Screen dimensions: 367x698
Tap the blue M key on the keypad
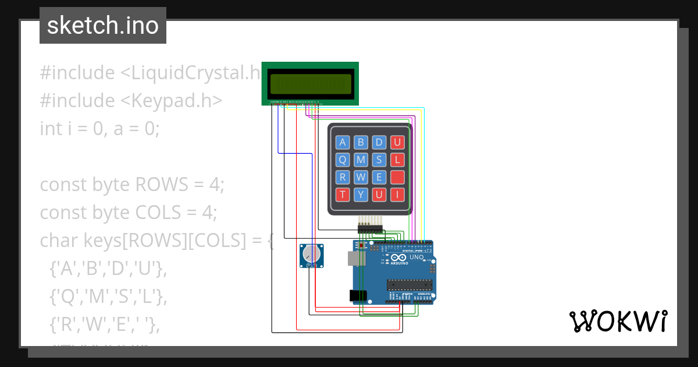coord(361,160)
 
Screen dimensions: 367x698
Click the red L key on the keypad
coord(397,160)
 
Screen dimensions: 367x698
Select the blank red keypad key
coord(397,177)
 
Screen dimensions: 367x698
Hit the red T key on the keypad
coord(343,195)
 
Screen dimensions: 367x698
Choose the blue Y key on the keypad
coord(361,195)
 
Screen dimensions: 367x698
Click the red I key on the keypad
coord(397,195)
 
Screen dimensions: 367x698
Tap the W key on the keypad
coord(361,177)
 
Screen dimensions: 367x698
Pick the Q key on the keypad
coord(343,160)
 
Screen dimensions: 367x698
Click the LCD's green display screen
coord(311,85)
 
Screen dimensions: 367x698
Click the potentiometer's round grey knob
coord(311,255)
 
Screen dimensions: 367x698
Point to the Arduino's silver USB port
coord(352,257)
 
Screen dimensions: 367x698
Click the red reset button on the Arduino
coord(361,246)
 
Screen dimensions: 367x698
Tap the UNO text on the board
coord(416,257)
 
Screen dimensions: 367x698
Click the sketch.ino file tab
coord(103,26)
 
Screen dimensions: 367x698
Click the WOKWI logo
coord(618,321)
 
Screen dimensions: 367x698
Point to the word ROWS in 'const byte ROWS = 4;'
coord(162,185)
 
